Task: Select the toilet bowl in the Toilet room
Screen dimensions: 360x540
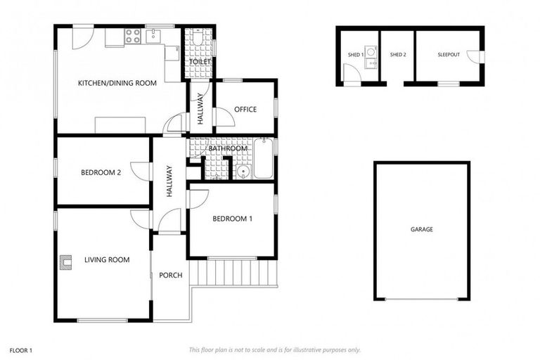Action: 198,39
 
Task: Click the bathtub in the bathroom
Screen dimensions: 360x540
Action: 264,160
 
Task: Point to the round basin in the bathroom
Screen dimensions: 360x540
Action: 243,171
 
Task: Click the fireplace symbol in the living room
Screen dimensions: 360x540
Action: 67,262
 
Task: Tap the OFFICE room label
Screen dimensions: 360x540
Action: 245,110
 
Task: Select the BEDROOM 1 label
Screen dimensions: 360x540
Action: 232,219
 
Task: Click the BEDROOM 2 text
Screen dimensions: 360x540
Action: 101,172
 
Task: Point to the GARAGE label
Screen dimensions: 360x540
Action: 422,229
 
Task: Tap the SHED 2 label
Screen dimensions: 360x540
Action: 398,55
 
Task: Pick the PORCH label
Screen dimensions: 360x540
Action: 170,275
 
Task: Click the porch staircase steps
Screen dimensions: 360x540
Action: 236,271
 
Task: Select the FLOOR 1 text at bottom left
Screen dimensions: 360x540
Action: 21,349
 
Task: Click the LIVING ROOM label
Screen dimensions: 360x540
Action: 107,260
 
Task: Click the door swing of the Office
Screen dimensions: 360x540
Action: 223,117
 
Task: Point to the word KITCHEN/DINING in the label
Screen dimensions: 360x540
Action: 104,83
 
